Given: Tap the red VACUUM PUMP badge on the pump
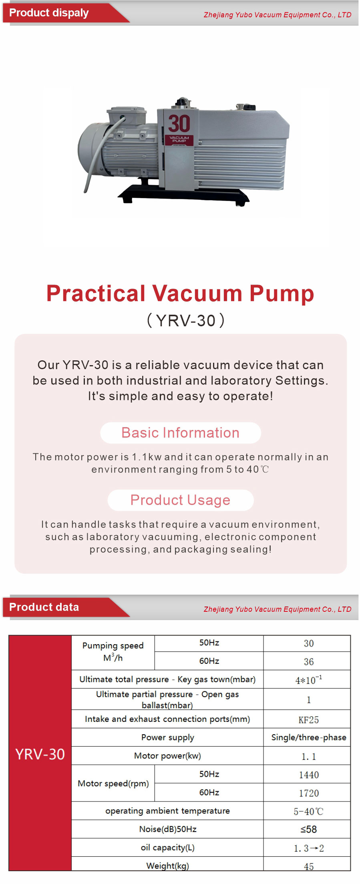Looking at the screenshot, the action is coord(179,140).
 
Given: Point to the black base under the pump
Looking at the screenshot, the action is coord(183,194).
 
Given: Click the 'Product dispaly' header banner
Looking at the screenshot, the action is coord(66,13).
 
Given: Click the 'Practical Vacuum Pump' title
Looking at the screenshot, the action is coord(180,293).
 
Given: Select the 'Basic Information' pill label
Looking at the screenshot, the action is coord(181,433).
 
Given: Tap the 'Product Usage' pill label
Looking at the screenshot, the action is coord(181,500).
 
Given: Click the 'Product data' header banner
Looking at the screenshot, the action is coord(66,607).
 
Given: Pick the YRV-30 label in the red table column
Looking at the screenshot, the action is coord(40,754).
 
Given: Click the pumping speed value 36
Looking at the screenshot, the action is coord(308,662).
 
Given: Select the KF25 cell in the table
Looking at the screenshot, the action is coord(308,720).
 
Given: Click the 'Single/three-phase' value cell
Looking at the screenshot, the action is coord(308,737).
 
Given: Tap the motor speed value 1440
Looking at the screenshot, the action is coord(309,775).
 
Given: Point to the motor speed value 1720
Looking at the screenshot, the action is coord(309,793).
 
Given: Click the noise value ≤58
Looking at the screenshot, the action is coord(308,829).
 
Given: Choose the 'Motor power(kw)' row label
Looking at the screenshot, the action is coord(167,756).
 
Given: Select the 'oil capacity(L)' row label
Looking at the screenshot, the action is coord(167,848).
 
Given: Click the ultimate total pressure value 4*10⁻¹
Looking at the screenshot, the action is coord(308,679).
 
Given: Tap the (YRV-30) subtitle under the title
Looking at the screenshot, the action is coord(186,321).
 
